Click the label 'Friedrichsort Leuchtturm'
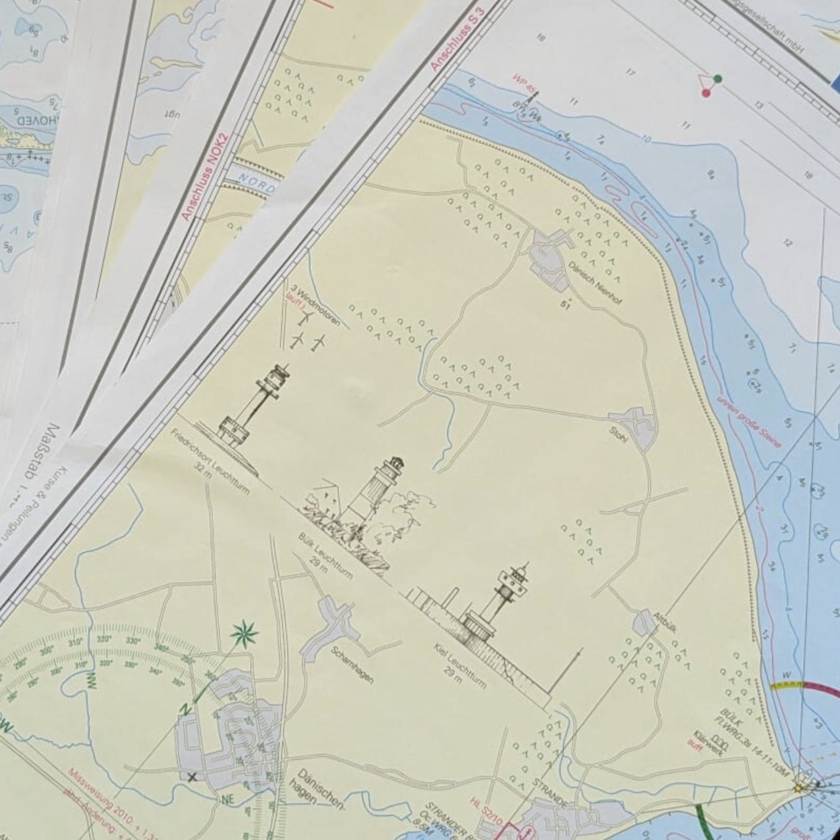click(x=210, y=461)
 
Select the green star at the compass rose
click(x=243, y=634)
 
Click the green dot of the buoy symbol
click(x=718, y=79)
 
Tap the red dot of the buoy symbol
click(x=706, y=93)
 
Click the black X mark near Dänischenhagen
click(x=192, y=776)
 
